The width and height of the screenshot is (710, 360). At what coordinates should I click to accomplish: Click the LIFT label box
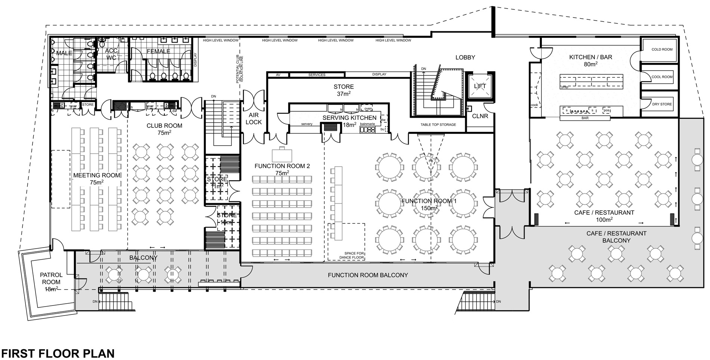click(x=480, y=86)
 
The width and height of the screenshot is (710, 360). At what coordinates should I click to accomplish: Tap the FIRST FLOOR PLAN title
click(x=58, y=353)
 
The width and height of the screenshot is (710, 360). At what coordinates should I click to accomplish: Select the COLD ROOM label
click(x=662, y=49)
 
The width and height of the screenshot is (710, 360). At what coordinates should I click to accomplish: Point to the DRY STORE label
click(x=662, y=104)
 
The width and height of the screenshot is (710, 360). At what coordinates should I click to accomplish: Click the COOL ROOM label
click(x=662, y=77)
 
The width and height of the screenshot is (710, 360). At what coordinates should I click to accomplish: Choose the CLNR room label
click(x=480, y=116)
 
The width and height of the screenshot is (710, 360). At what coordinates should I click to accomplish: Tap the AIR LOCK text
click(x=254, y=119)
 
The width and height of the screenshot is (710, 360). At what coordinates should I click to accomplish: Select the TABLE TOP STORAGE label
click(x=438, y=125)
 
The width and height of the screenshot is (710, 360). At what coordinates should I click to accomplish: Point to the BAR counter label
click(x=585, y=118)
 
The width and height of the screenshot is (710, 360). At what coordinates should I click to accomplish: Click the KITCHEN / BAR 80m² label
click(x=590, y=60)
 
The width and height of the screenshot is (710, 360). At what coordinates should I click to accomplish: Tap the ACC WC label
click(x=111, y=54)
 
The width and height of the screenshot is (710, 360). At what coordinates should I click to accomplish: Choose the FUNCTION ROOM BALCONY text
click(x=368, y=275)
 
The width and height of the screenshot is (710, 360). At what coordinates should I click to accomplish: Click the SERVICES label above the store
click(x=317, y=75)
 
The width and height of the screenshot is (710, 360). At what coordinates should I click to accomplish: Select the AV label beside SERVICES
click(x=278, y=75)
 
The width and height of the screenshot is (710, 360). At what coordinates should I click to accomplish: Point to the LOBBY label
click(x=465, y=58)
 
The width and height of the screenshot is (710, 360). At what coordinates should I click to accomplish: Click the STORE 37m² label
click(x=343, y=90)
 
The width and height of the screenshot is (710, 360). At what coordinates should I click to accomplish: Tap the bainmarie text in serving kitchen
click(x=367, y=124)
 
